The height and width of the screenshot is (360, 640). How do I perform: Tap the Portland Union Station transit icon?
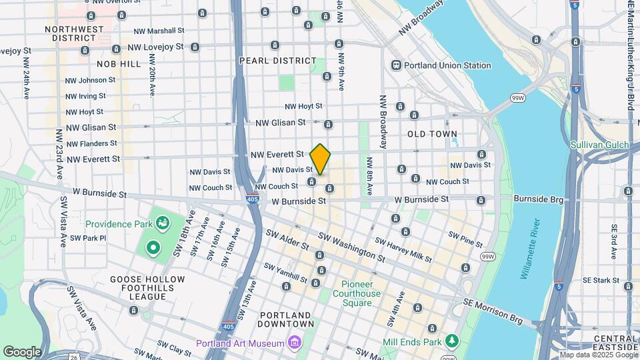[396, 65]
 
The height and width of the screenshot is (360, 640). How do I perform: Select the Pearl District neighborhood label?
[278, 61]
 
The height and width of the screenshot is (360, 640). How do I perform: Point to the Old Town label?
[432, 134]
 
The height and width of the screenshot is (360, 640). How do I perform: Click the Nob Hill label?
[119, 63]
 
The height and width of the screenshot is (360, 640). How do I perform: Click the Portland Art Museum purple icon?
[294, 343]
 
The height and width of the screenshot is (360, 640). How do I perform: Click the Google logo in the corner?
[22, 351]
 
